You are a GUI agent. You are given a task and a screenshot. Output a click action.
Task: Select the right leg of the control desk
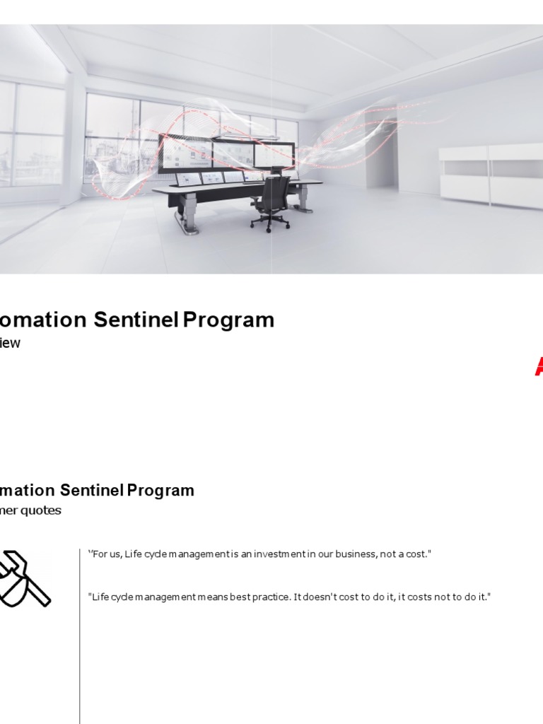click(x=303, y=198)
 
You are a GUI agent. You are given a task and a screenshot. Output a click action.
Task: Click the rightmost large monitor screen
click(x=274, y=155)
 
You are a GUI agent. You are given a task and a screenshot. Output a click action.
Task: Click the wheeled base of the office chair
click(x=270, y=221)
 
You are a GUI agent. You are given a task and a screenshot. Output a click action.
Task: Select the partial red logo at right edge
click(x=538, y=366)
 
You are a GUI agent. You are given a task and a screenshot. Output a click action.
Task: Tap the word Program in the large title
click(x=228, y=320)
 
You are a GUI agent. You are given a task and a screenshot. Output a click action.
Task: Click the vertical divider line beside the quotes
click(x=80, y=636)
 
